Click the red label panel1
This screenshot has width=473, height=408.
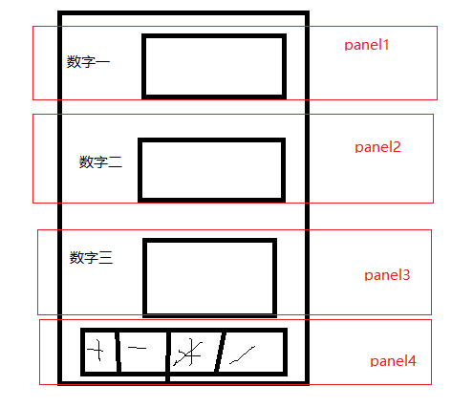367,45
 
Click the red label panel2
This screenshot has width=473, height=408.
377,147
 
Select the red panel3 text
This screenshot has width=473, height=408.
387,275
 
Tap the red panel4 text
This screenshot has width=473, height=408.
393,361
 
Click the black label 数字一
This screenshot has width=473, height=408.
89,62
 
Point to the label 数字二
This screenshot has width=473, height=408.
100,162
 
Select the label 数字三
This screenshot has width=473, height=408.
92,258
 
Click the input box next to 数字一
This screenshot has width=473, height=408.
214,67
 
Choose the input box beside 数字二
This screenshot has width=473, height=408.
211,170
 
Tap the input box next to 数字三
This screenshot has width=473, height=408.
210,277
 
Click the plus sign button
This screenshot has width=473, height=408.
97,352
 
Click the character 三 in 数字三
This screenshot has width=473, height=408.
106,258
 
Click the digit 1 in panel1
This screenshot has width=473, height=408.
387,45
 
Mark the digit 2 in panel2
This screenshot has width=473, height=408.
397,147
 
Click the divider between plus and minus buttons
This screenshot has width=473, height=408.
118,353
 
